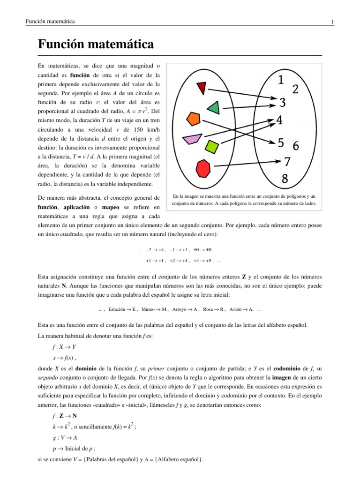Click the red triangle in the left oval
[202, 87]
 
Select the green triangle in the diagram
[213, 108]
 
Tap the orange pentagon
[193, 118]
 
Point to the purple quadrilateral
[192, 139]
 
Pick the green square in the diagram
[212, 146]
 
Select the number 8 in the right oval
[285, 178]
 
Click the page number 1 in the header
[332, 22]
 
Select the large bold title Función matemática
[95, 45]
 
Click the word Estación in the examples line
[117, 309]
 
